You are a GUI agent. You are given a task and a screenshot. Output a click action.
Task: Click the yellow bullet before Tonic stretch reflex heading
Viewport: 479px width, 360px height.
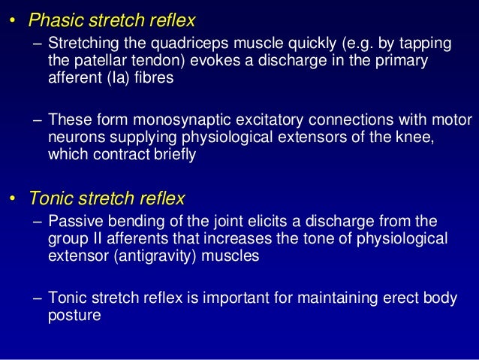[13, 200]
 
